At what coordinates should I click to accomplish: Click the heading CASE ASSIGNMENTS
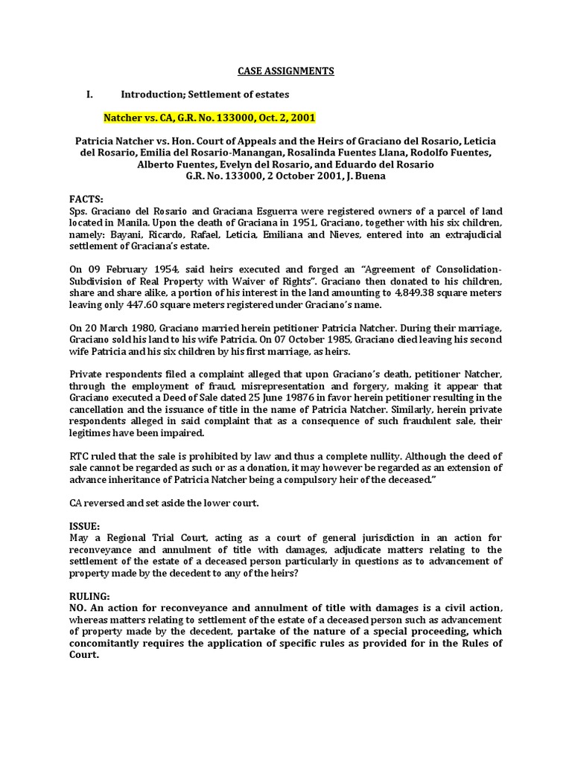point(286,71)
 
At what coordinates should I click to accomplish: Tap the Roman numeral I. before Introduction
point(89,95)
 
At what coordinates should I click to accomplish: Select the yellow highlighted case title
point(209,118)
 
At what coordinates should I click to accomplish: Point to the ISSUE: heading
point(84,526)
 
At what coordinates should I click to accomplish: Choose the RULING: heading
point(89,597)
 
